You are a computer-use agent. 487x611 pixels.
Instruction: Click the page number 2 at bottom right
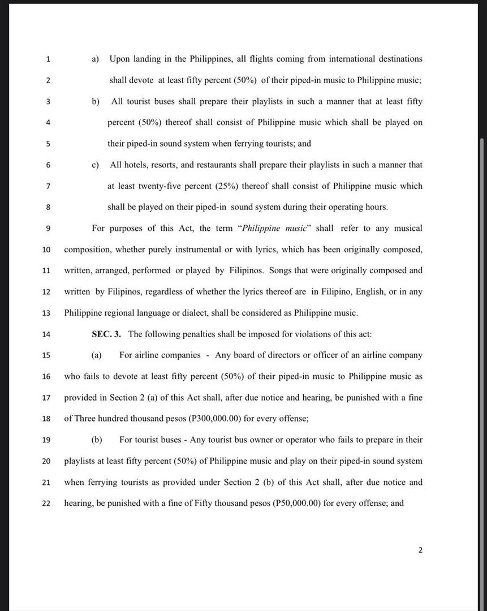(420, 550)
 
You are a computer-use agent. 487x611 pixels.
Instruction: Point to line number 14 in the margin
(46, 334)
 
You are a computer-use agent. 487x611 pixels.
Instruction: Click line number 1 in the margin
(48, 59)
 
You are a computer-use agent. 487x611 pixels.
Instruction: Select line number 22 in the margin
(46, 503)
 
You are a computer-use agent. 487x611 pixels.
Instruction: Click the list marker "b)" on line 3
(96, 102)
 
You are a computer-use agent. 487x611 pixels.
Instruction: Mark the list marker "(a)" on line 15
(97, 355)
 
